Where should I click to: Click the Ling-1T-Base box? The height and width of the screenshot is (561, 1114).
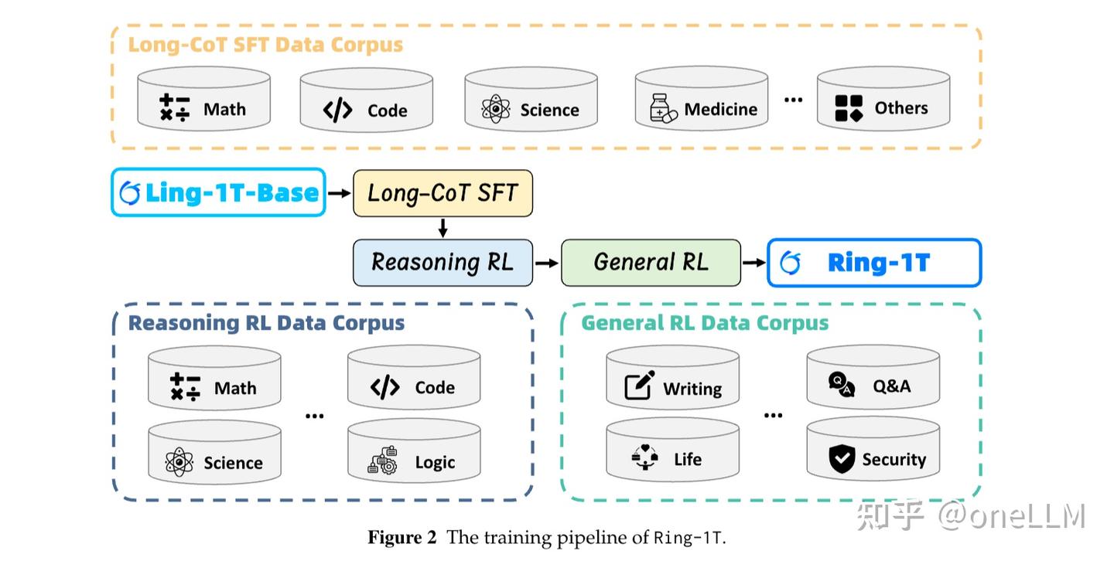tap(218, 192)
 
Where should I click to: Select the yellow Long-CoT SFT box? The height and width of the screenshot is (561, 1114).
tap(443, 193)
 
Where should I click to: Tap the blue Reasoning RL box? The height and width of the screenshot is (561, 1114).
tap(443, 263)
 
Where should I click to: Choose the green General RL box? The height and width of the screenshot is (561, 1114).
tap(651, 263)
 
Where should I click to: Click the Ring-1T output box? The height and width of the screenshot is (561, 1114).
tap(874, 263)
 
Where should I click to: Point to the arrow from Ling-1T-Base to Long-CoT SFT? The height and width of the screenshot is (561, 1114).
tap(339, 193)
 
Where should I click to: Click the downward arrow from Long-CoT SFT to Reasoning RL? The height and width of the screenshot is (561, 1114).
tap(443, 228)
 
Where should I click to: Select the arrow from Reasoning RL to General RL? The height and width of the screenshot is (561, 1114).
tap(546, 263)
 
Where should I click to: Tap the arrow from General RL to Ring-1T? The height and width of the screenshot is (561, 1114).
tap(753, 263)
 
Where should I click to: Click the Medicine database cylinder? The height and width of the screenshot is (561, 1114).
tap(701, 99)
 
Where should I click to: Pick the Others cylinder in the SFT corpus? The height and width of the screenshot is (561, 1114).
tap(883, 98)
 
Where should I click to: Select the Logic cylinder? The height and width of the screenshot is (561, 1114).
tap(414, 451)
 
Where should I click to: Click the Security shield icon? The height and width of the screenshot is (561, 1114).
tap(842, 459)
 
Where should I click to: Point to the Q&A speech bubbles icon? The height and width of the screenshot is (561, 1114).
tap(842, 385)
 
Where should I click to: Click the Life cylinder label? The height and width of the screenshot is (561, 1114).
tap(688, 459)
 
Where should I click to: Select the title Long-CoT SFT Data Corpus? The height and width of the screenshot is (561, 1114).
tap(265, 45)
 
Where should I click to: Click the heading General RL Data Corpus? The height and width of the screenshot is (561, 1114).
tap(705, 323)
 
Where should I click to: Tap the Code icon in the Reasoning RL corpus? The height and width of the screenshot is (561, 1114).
tap(385, 387)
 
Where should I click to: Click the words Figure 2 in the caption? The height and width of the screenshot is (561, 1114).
tap(402, 538)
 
